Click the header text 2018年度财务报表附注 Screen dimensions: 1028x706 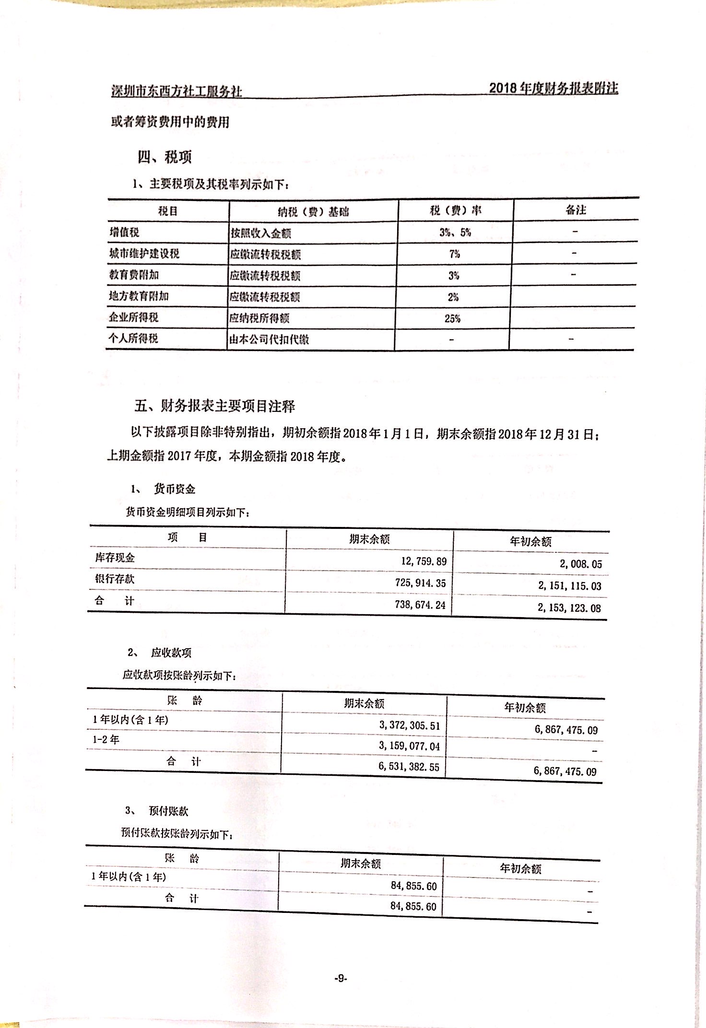[553, 88]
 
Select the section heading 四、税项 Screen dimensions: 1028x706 [165, 157]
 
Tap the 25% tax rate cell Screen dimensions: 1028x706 [452, 318]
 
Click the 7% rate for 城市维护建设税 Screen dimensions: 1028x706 [454, 254]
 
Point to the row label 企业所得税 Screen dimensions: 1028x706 [133, 317]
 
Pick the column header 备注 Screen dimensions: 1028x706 [576, 210]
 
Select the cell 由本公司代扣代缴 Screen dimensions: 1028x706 [269, 339]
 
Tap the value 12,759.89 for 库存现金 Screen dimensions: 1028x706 [424, 561]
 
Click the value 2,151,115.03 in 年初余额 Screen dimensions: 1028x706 [569, 585]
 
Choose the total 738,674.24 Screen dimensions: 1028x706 [420, 605]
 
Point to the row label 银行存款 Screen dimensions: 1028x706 [115, 579]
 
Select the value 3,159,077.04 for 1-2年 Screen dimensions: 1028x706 [409, 746]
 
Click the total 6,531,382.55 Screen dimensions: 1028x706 [409, 767]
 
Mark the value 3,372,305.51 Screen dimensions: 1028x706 [409, 725]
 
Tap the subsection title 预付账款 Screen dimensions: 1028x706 [168, 811]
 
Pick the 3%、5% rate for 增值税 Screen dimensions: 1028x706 [455, 233]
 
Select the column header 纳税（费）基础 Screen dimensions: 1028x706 [313, 211]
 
